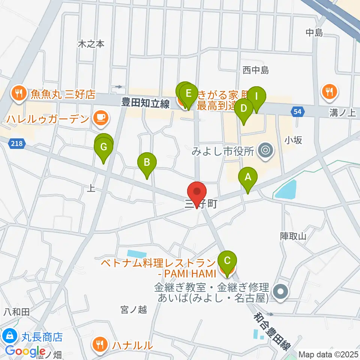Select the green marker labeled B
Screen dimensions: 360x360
(147, 163)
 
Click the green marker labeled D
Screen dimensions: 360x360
(244, 109)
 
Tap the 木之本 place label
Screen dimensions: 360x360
(91, 44)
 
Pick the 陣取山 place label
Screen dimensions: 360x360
(293, 236)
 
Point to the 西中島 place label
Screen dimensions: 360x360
(256, 70)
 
